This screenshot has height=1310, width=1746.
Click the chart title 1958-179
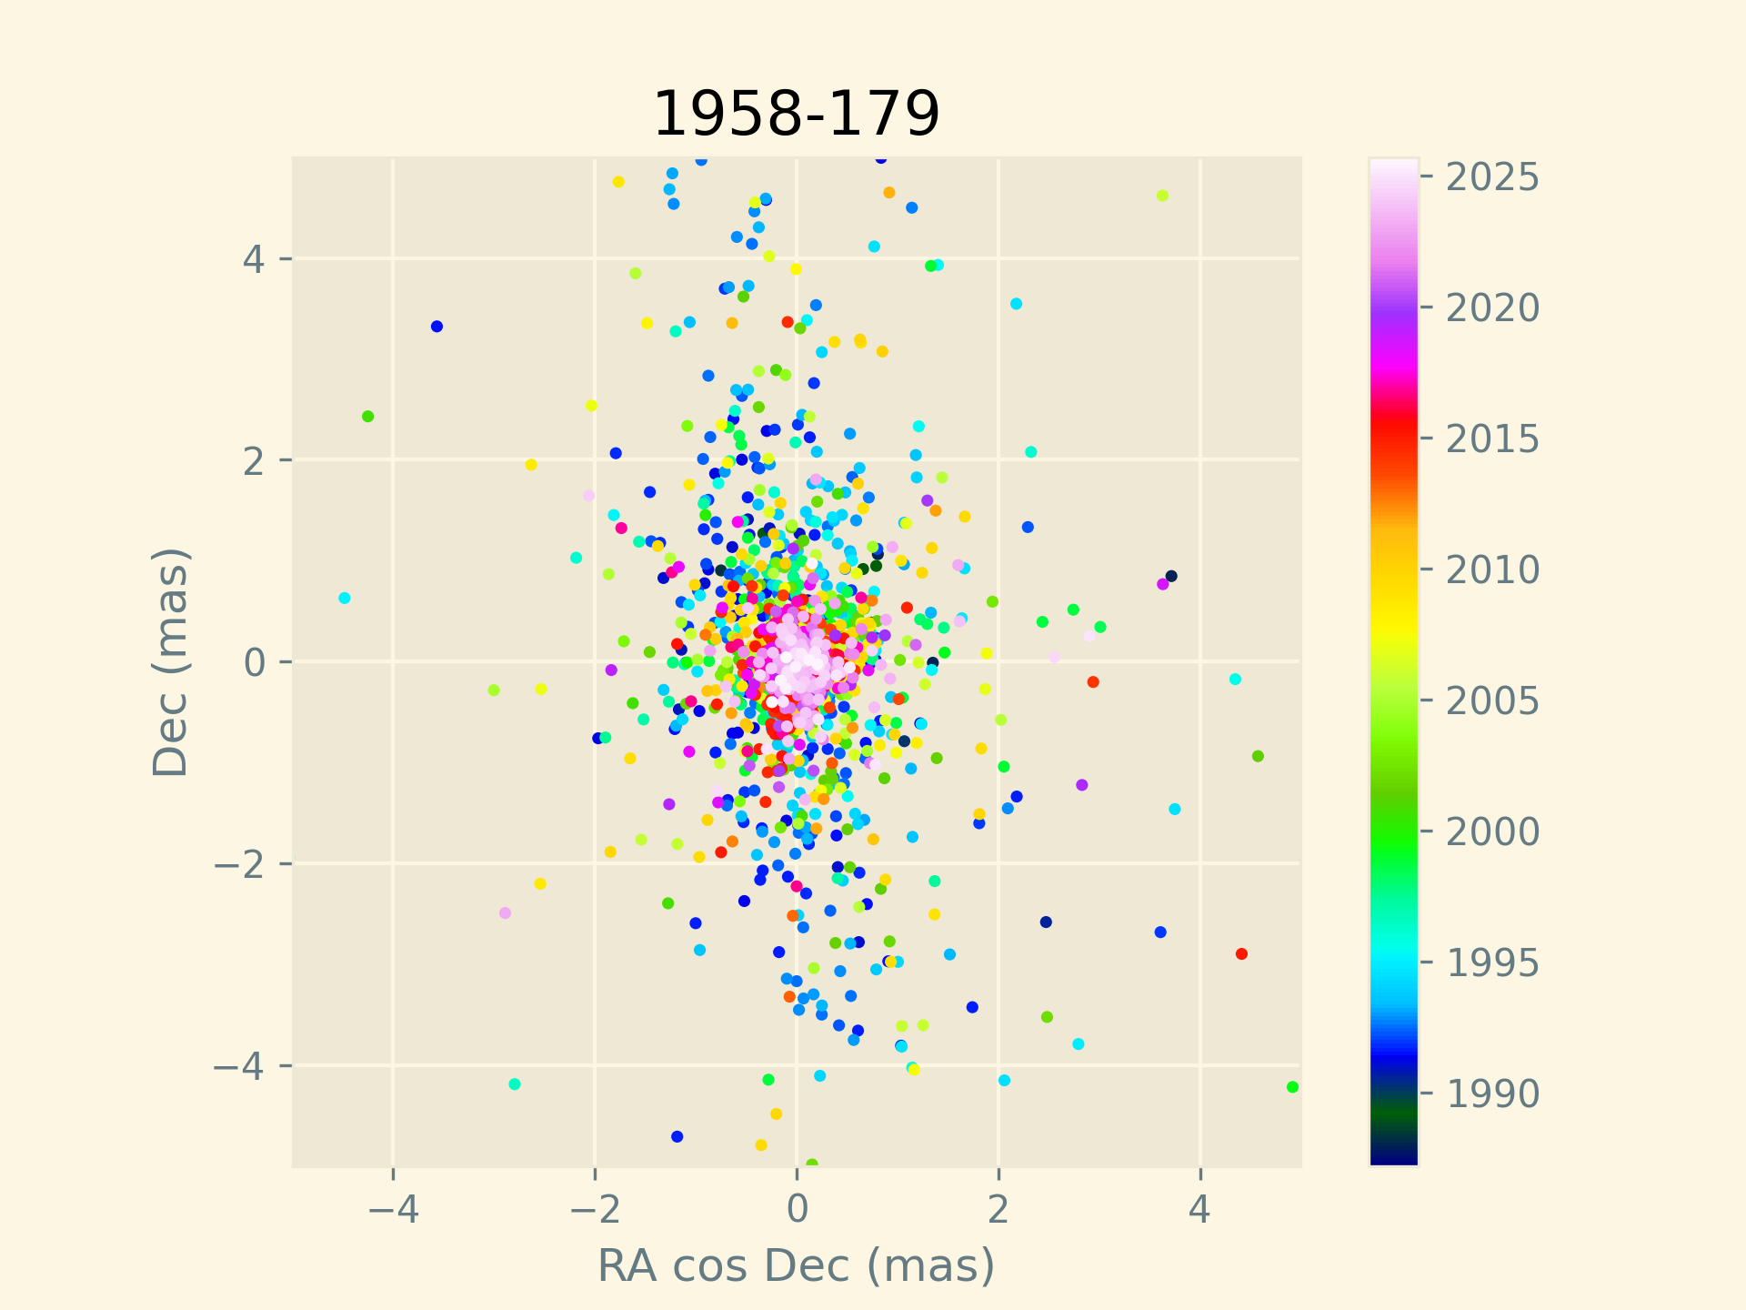[796, 115]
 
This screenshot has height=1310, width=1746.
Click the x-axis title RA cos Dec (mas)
[796, 1265]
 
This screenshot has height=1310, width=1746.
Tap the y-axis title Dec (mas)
[170, 661]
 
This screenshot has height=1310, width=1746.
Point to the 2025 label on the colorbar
[1492, 177]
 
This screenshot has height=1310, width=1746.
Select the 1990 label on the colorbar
[1492, 1093]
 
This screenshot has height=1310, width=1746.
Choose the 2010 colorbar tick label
[1492, 570]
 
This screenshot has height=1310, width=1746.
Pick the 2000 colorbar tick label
[1492, 831]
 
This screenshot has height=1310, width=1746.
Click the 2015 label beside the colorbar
[1492, 439]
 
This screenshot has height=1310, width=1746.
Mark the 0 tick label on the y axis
[255, 661]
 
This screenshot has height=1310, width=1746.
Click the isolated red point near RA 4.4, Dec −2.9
[1241, 953]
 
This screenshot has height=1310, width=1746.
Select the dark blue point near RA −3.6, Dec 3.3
[436, 327]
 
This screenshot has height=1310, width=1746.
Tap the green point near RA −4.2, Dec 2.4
[368, 417]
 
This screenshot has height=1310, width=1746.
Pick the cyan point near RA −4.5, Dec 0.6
[345, 598]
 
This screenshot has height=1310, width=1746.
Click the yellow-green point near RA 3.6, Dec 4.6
[1162, 196]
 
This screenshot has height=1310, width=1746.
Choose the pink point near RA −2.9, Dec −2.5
[505, 912]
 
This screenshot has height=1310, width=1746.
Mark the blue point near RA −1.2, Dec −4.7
[677, 1136]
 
